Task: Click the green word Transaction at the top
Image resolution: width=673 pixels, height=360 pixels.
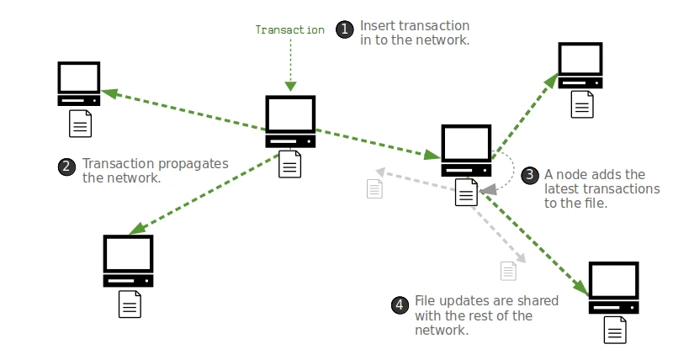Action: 289,29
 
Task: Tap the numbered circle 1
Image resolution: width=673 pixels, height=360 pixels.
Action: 345,29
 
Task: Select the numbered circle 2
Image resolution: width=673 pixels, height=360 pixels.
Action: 67,167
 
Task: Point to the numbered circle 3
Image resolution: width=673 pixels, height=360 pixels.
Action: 530,176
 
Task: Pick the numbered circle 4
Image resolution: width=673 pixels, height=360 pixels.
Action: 400,304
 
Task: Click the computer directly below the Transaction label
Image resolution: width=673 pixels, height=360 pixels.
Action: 290,122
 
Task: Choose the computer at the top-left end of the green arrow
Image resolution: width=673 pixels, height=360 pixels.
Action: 79,82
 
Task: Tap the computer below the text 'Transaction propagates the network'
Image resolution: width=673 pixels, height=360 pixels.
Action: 128,261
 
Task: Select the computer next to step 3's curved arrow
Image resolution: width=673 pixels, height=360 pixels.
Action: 466,150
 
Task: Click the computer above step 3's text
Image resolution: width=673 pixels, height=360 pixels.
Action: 581,66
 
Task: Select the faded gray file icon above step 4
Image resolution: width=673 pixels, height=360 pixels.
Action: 507,271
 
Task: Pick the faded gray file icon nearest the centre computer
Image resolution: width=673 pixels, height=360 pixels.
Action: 374,188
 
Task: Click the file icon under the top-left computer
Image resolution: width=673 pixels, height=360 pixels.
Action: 80,124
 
